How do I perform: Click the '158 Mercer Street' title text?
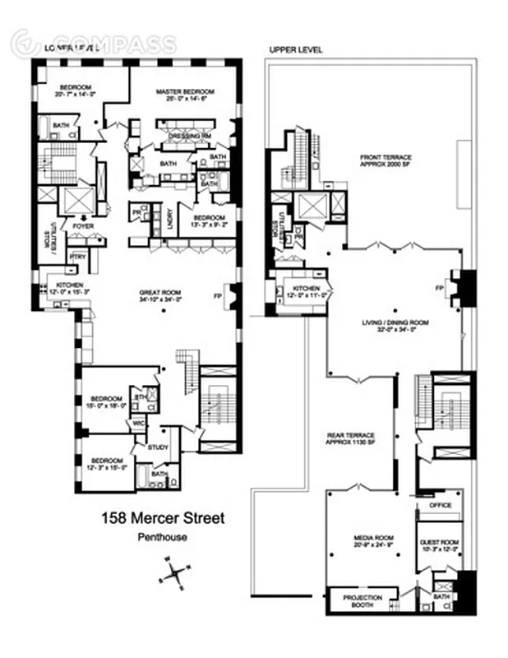162,518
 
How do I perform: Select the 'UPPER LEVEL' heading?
296,50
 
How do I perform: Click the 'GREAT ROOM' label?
159,293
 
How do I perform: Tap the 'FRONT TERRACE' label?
386,157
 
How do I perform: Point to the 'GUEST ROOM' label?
439,544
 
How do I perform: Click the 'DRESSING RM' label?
186,136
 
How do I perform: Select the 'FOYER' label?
82,224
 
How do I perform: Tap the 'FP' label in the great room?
219,294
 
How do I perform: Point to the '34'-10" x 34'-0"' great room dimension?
159,301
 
